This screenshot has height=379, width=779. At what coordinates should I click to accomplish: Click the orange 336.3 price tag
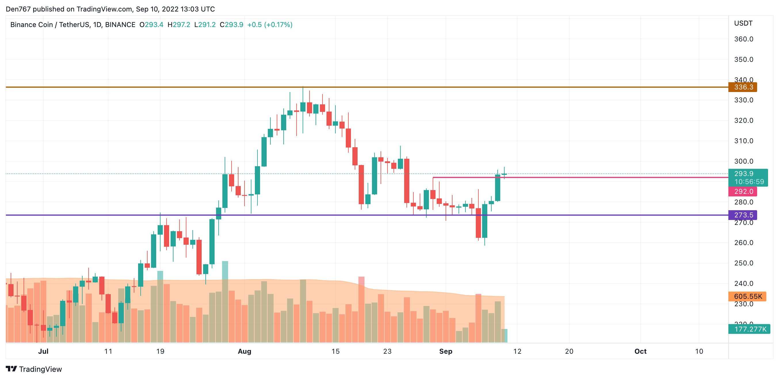tap(743, 87)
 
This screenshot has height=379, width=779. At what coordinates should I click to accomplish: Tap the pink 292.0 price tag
tap(743, 191)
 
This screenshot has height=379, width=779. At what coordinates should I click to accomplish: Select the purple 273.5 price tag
tap(743, 215)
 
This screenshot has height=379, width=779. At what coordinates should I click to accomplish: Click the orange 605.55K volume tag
tap(747, 296)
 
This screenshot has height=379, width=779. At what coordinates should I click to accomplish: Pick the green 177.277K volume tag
tap(750, 329)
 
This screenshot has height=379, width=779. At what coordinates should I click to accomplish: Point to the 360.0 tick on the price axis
tap(744, 39)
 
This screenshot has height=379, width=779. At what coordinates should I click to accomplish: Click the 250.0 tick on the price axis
tap(744, 263)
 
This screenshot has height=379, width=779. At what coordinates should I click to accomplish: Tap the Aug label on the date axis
tap(244, 351)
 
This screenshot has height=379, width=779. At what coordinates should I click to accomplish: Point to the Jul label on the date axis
tap(43, 351)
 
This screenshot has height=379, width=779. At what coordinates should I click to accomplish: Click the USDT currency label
tap(743, 23)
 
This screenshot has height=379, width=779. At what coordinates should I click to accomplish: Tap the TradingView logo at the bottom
tap(34, 369)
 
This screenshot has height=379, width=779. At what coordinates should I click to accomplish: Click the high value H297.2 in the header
tap(179, 25)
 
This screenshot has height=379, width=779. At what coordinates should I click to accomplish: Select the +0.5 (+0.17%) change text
tap(270, 25)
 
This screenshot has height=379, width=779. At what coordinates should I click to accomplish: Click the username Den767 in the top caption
tap(18, 9)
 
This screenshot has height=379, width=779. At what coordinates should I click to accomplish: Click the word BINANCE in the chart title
tap(120, 25)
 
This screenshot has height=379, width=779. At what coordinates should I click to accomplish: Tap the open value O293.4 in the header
tap(151, 25)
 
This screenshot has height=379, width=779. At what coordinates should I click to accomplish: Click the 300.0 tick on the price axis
tap(744, 161)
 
